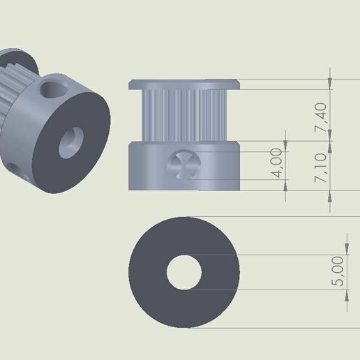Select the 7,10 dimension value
tap(320, 168)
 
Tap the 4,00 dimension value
tap(277, 162)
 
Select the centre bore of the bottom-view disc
tap(184, 271)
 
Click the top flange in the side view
tap(184, 84)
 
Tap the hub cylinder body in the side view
tap(216, 167)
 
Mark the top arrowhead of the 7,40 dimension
tap(329, 84)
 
